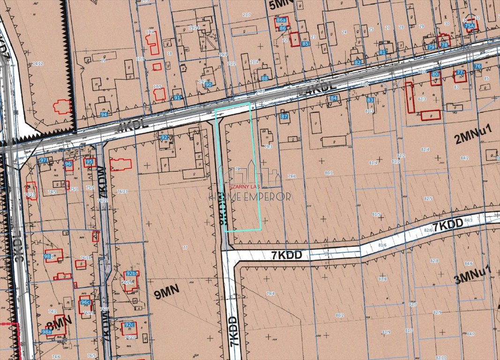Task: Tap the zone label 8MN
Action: tap(59, 321)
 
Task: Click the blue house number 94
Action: tap(104, 114)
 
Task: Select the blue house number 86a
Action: tap(281, 21)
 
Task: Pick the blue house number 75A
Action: tap(469, 26)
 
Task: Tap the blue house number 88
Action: tap(265, 78)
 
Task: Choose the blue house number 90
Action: tap(209, 85)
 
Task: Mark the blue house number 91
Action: tap(177, 97)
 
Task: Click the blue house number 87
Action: tap(284, 116)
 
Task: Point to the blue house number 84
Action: tap(334, 98)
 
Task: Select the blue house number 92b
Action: tap(131, 274)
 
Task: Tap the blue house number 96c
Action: tap(85, 302)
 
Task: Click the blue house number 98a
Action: tap(46, 331)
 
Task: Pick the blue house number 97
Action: tap(43, 160)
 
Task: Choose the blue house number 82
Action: tap(358, 62)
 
